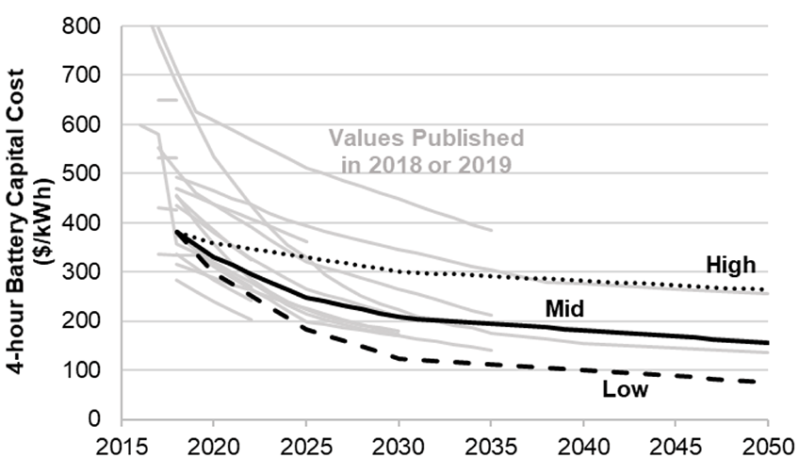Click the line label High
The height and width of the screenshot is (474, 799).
pyautogui.click(x=731, y=267)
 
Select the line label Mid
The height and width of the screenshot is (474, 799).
pyautogui.click(x=565, y=308)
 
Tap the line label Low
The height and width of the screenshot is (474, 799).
pyautogui.click(x=627, y=389)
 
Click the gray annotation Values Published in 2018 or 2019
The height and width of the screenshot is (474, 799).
pyautogui.click(x=426, y=150)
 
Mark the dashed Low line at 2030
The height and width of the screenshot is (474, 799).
pyautogui.click(x=398, y=358)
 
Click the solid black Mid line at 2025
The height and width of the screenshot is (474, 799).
pyautogui.click(x=305, y=298)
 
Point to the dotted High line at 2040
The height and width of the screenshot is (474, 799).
pyautogui.click(x=583, y=281)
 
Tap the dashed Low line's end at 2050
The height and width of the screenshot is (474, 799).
pyautogui.click(x=767, y=382)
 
